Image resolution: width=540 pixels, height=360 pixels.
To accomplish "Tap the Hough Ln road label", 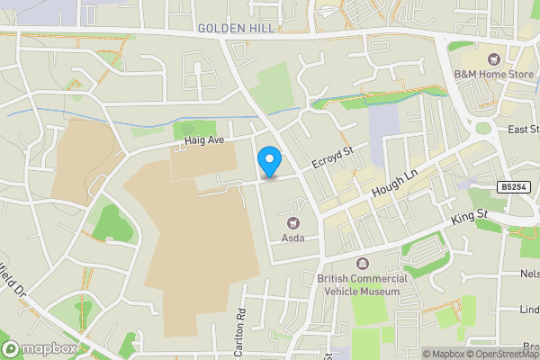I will click(x=390, y=186).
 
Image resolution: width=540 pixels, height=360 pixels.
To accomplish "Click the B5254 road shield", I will click(x=514, y=187).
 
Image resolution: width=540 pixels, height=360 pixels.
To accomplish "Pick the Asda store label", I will click(x=292, y=238).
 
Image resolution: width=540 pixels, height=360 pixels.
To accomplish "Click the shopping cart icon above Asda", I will click(x=292, y=222).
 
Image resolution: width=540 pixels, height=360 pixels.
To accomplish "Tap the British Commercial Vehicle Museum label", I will click(x=363, y=284).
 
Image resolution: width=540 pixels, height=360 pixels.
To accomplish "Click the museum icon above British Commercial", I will click(x=363, y=264).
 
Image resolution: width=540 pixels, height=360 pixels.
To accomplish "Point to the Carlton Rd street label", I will click(x=240, y=333).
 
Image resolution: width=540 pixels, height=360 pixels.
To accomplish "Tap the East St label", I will click(x=524, y=130).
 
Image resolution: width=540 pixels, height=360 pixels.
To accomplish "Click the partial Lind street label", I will click(x=529, y=310).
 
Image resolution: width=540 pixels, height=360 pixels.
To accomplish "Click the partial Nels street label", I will click(x=529, y=273).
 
